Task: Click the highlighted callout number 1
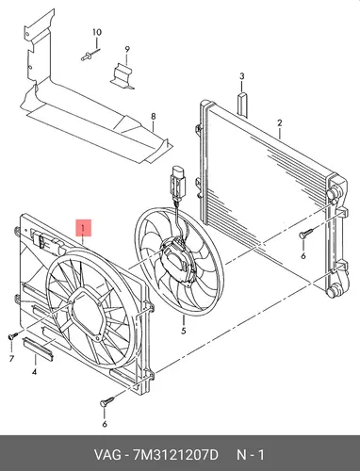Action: [83, 228]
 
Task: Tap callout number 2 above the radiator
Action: [279, 122]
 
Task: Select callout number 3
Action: [241, 76]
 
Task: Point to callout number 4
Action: [34, 372]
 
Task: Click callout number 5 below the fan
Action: [184, 331]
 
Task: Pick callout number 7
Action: [11, 358]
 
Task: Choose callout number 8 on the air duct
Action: [153, 117]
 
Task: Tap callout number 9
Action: [127, 49]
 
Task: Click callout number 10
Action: [97, 32]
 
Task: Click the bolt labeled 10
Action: [88, 57]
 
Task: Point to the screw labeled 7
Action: [11, 336]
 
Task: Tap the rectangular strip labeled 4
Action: [39, 349]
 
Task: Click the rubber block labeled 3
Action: [242, 104]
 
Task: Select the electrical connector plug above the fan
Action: [178, 183]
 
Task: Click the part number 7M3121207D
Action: [175, 455]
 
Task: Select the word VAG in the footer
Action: [107, 455]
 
